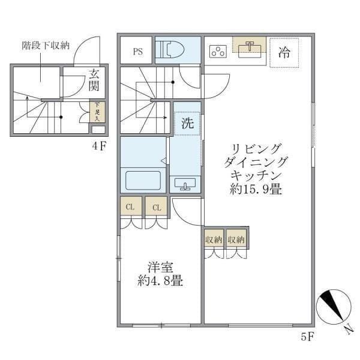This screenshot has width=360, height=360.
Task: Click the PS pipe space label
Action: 137,51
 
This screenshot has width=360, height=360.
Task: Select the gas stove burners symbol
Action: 217,52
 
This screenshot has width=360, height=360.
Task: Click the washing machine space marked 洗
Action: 187,124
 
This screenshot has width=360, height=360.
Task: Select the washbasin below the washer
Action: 184,184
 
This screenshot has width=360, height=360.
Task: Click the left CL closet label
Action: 130,208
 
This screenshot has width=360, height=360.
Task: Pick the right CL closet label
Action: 155,208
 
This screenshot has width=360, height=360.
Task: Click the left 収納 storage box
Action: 213,239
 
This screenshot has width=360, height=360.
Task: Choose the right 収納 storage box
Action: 236,239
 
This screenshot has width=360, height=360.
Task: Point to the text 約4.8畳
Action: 160,281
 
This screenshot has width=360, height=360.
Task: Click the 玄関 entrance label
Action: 94,81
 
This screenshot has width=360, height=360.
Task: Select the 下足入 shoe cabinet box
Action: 98,112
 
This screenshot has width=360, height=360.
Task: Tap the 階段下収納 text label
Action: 46,45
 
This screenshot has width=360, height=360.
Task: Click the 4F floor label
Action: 99,146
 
